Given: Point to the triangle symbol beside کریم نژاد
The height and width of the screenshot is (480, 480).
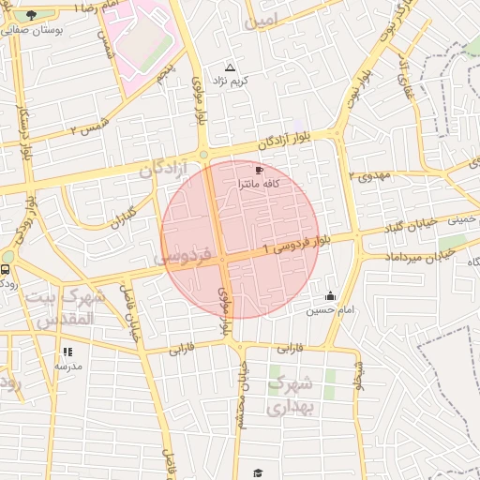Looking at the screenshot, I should coord(231,67).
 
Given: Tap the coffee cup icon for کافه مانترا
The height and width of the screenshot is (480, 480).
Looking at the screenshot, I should coord(259,171).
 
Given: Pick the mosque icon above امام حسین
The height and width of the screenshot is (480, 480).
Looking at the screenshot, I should coord(329,296).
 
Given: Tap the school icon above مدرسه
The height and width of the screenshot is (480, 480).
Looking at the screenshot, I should coord(67,352).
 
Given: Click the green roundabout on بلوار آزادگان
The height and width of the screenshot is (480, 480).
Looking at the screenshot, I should coord(203,155).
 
